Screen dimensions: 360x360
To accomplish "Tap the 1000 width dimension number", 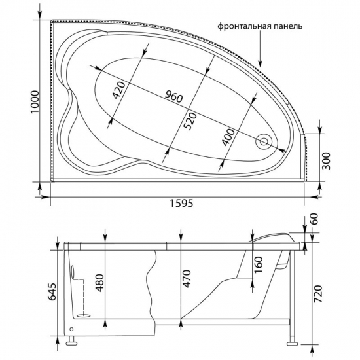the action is pyautogui.click(x=35, y=101).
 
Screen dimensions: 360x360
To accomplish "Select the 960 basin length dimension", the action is pyautogui.click(x=174, y=97).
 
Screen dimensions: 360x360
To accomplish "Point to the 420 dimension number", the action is pyautogui.click(x=119, y=90).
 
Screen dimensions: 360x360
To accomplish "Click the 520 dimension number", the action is pyautogui.click(x=191, y=121).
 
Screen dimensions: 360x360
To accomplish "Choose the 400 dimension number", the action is pyautogui.click(x=228, y=137).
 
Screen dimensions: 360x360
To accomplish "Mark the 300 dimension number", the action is pyautogui.click(x=326, y=161).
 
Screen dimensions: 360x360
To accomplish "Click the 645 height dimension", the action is pyautogui.click(x=52, y=292).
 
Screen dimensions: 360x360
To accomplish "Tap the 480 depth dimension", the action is pyautogui.click(x=100, y=283).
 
